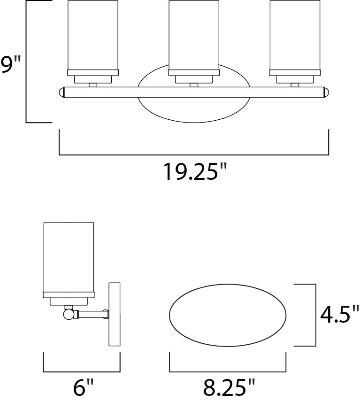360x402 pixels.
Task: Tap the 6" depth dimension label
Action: pyautogui.click(x=84, y=388)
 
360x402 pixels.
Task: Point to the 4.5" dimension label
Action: pyautogui.click(x=339, y=315)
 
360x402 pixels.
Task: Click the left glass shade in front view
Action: pyautogui.click(x=92, y=35)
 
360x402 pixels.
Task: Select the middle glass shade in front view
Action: pyautogui.click(x=192, y=35)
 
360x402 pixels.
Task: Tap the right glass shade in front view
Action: pyautogui.click(x=294, y=35)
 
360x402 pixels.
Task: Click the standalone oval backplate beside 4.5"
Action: pyautogui.click(x=228, y=315)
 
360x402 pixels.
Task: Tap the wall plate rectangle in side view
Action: pyautogui.click(x=115, y=315)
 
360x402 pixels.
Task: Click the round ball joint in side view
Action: pyautogui.click(x=69, y=313)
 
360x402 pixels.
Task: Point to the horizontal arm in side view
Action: pyautogui.click(x=92, y=313)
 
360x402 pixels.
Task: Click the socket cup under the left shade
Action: pyautogui.click(x=92, y=79)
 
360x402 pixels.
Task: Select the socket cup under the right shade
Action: pyautogui.click(x=294, y=79)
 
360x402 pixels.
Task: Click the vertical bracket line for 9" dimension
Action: pyautogui.click(x=26, y=61)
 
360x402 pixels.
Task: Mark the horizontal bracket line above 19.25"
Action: pyautogui.click(x=193, y=155)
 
